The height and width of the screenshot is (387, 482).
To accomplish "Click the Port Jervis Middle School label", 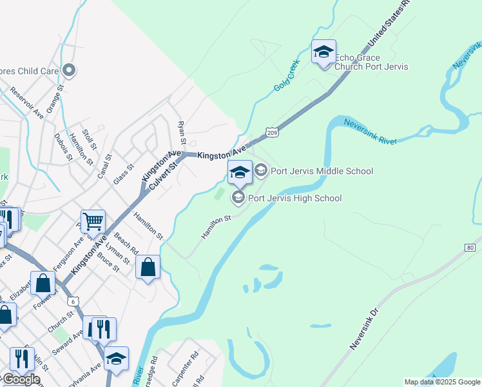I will pos(322,171).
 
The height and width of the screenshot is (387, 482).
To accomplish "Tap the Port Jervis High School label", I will pos(294,198).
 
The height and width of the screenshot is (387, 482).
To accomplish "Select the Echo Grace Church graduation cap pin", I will pos(323,52).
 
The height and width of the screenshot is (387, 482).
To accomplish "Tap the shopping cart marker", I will pos(93,222).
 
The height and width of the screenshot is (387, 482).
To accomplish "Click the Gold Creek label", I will pos(287,81).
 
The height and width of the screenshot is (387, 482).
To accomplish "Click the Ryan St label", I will pos(182,133).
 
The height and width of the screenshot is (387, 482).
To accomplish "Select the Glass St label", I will pos(122,174).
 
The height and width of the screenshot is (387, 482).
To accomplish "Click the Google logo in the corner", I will pos(21,379).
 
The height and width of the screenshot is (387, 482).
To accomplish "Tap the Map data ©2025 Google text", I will pos(442,382).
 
